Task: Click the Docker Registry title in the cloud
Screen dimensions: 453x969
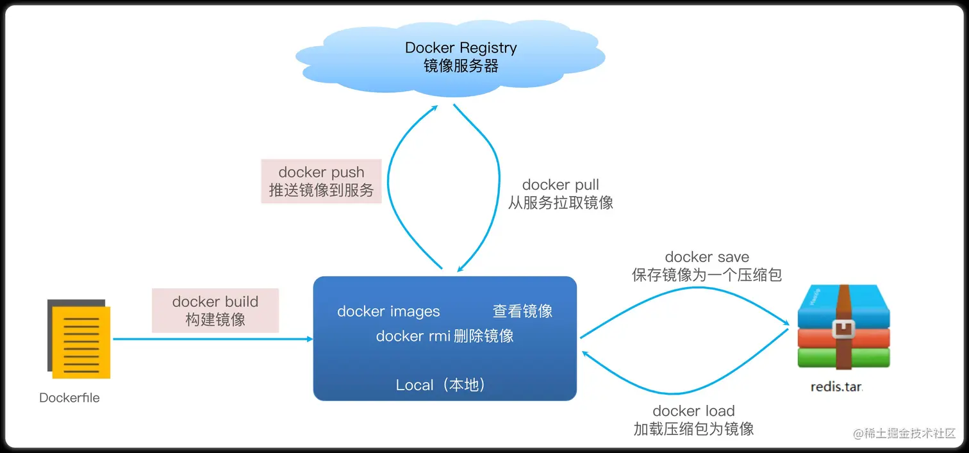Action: coord(461,47)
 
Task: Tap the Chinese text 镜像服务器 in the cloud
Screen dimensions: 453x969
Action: coord(461,65)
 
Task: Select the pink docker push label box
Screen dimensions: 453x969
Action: coord(321,181)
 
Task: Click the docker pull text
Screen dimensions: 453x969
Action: coord(561,185)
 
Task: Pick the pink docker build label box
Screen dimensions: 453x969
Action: coord(215,310)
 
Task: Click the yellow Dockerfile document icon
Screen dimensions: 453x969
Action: coord(80,340)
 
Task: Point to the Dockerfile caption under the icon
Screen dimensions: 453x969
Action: coord(69,398)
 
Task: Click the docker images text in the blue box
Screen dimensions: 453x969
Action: coord(388,311)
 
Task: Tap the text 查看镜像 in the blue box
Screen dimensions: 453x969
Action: coord(522,311)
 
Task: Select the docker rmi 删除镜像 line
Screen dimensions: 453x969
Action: coord(445,336)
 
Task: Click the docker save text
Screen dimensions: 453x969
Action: coord(707,257)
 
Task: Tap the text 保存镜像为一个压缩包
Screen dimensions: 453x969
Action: coord(707,275)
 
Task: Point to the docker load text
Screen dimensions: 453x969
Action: coord(693,411)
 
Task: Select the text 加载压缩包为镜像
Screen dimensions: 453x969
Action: coord(693,429)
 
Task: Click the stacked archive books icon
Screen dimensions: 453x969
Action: coord(843,328)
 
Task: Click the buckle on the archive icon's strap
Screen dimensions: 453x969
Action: coord(843,329)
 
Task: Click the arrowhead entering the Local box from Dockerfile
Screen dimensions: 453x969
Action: coord(309,339)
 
